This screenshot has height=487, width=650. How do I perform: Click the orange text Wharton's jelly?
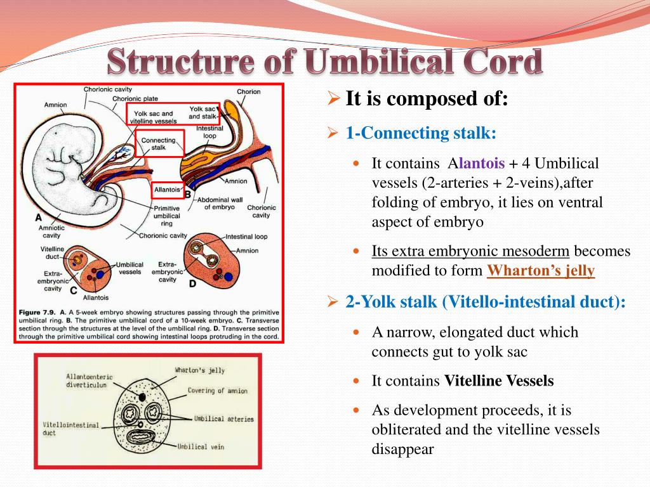(x=541, y=271)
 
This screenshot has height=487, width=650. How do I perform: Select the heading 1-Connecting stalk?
(x=421, y=133)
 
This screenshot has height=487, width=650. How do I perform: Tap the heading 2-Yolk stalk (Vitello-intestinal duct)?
(x=486, y=302)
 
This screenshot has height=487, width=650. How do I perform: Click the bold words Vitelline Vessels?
(x=499, y=381)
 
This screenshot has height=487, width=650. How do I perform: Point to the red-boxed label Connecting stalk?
(x=159, y=143)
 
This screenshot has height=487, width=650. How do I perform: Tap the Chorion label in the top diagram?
(x=248, y=91)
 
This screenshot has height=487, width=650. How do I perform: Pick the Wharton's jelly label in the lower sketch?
(x=199, y=370)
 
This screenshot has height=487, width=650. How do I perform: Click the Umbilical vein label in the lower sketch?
(x=201, y=446)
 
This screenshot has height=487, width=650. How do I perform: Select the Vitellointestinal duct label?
(x=71, y=429)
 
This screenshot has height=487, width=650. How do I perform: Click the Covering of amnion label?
(x=218, y=391)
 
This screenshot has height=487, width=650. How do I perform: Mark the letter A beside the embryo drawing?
(x=39, y=218)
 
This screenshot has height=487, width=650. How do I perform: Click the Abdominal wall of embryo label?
(x=219, y=202)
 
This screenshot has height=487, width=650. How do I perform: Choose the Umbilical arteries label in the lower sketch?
(x=223, y=419)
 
